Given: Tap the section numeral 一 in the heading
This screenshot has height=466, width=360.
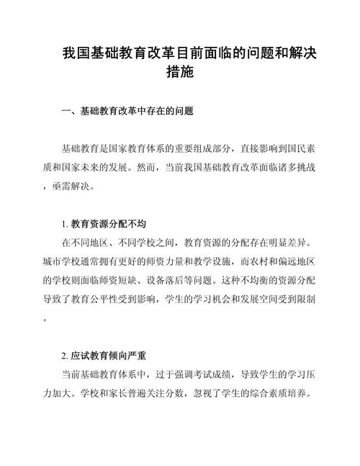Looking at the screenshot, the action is pyautogui.click(x=66, y=112).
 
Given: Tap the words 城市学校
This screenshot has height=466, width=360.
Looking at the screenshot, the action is pyautogui.click(x=63, y=260).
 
